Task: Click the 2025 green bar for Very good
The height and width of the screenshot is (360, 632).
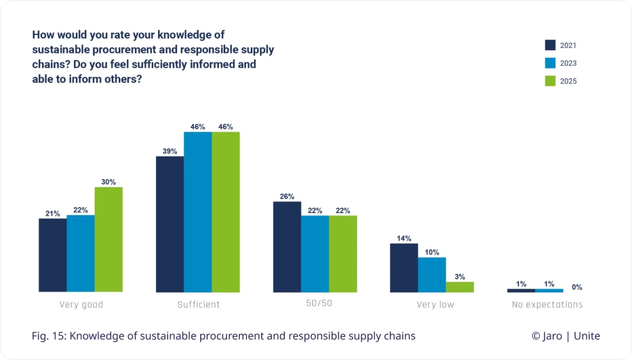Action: coord(108,239)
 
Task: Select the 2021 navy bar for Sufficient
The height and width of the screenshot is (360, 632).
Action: coord(170,224)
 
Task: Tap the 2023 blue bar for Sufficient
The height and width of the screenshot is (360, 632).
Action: coord(197,212)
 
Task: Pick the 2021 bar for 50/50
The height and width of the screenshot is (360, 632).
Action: coord(287,247)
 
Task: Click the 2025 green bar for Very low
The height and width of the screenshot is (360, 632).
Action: coord(460,287)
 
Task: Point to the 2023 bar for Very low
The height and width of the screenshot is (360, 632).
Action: coord(432,275)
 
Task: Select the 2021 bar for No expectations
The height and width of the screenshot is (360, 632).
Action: coord(521,290)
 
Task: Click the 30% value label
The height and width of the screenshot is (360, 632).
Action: coord(108,182)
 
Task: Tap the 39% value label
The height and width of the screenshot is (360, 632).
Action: coord(170,151)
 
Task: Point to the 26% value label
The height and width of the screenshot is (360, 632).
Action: coord(287,196)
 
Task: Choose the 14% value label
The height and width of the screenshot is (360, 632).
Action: coord(404,238)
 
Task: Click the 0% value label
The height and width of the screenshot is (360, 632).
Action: coord(577,287)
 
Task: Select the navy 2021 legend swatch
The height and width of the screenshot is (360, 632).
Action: coord(550,45)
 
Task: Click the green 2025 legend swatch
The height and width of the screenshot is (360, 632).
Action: coord(550,81)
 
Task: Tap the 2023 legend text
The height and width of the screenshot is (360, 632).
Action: coord(568,63)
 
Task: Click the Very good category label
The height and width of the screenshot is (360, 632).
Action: coord(81,305)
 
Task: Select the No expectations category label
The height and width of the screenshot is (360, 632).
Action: coord(547,305)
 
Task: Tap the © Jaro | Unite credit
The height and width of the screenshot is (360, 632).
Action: coord(565,336)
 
